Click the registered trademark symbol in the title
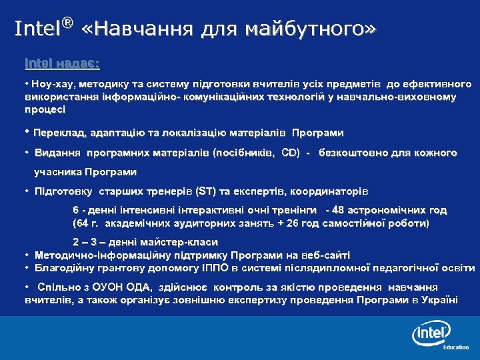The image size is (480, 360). point(67,24)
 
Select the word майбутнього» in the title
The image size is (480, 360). point(311,29)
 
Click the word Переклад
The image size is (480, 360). point(59,132)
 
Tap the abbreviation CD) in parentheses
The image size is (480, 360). point(291,153)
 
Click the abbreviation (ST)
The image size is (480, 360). point(203,192)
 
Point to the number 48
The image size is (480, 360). point(339,209)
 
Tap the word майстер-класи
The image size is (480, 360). point(179,242)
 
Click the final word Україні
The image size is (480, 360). point(437,299)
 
